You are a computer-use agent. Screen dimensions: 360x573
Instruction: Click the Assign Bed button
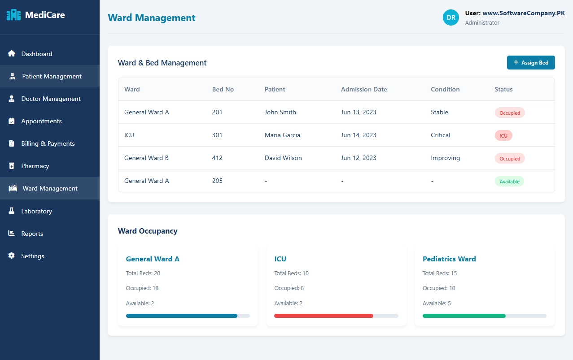(530, 63)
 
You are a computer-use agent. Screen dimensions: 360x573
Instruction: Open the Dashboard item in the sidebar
(37, 54)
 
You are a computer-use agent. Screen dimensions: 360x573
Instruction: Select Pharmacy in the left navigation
(35, 166)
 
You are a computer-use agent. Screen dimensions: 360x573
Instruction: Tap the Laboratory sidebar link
(36, 211)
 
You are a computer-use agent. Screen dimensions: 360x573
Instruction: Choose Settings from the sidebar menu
(33, 256)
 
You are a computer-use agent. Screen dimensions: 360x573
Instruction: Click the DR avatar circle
(451, 17)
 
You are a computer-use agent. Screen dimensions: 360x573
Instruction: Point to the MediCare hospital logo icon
(13, 15)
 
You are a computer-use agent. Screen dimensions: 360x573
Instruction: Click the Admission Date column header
(363, 89)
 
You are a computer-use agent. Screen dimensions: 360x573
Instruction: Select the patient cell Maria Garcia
(282, 135)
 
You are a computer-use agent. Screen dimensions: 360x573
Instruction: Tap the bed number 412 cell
(217, 158)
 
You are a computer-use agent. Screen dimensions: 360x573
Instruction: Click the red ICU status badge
(503, 135)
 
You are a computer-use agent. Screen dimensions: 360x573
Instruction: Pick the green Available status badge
(509, 182)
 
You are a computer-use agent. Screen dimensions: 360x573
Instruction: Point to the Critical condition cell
(440, 135)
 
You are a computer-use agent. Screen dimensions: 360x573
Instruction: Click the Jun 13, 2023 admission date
(359, 112)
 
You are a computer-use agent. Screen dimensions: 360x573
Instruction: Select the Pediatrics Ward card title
(449, 259)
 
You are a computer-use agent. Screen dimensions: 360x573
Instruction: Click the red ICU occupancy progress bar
(324, 316)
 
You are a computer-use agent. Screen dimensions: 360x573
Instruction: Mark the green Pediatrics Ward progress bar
(464, 316)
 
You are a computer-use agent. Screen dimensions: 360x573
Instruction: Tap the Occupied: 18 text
(142, 288)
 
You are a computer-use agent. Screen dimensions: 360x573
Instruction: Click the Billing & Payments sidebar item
(48, 143)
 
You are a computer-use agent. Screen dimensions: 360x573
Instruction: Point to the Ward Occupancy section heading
(148, 231)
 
